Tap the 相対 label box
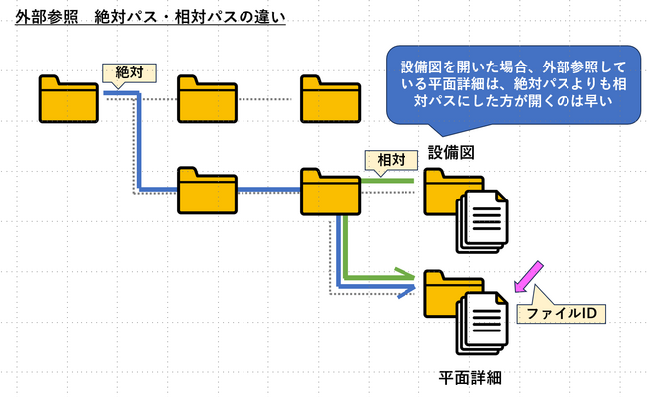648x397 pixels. [x=383, y=158]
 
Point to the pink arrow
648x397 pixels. [x=527, y=277]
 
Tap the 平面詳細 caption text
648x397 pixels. [x=470, y=377]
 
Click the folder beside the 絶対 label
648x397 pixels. [x=70, y=97]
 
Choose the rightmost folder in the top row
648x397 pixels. [x=330, y=97]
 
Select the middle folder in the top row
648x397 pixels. [x=207, y=97]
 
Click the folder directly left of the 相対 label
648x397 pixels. [x=330, y=190]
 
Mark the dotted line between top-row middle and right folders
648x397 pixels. [x=268, y=100]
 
